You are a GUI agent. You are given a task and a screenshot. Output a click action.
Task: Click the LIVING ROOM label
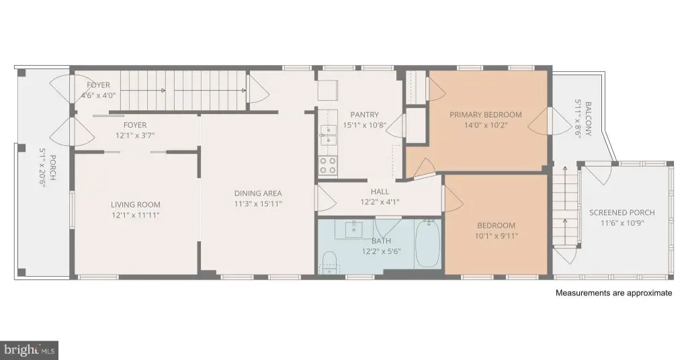tap(135, 204)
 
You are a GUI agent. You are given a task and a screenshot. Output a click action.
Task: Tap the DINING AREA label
tap(258, 193)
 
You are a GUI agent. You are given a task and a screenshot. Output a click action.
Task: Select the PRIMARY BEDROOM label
tap(485, 115)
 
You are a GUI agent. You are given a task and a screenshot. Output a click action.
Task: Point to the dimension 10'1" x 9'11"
tap(497, 236)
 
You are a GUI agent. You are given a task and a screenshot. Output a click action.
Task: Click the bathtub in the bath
tap(428, 243)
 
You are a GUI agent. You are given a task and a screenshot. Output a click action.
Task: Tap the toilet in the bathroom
tap(329, 263)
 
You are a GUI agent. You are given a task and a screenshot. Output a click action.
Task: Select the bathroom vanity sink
tap(353, 229)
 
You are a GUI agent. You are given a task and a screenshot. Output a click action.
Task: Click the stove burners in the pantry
tap(327, 166)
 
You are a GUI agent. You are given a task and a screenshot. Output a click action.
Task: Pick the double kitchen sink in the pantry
tap(327, 135)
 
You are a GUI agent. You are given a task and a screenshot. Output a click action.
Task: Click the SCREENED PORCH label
tap(621, 213)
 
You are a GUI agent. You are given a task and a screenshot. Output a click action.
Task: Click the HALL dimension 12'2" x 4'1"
tap(380, 202)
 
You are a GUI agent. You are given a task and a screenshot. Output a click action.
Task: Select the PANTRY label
tap(364, 115)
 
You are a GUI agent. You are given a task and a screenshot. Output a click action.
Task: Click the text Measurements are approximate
tap(614, 293)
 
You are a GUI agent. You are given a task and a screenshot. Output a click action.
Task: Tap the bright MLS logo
tap(28, 350)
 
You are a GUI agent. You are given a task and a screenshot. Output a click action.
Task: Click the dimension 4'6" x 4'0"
tap(98, 95)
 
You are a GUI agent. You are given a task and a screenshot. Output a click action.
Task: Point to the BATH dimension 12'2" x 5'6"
tap(382, 251)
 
